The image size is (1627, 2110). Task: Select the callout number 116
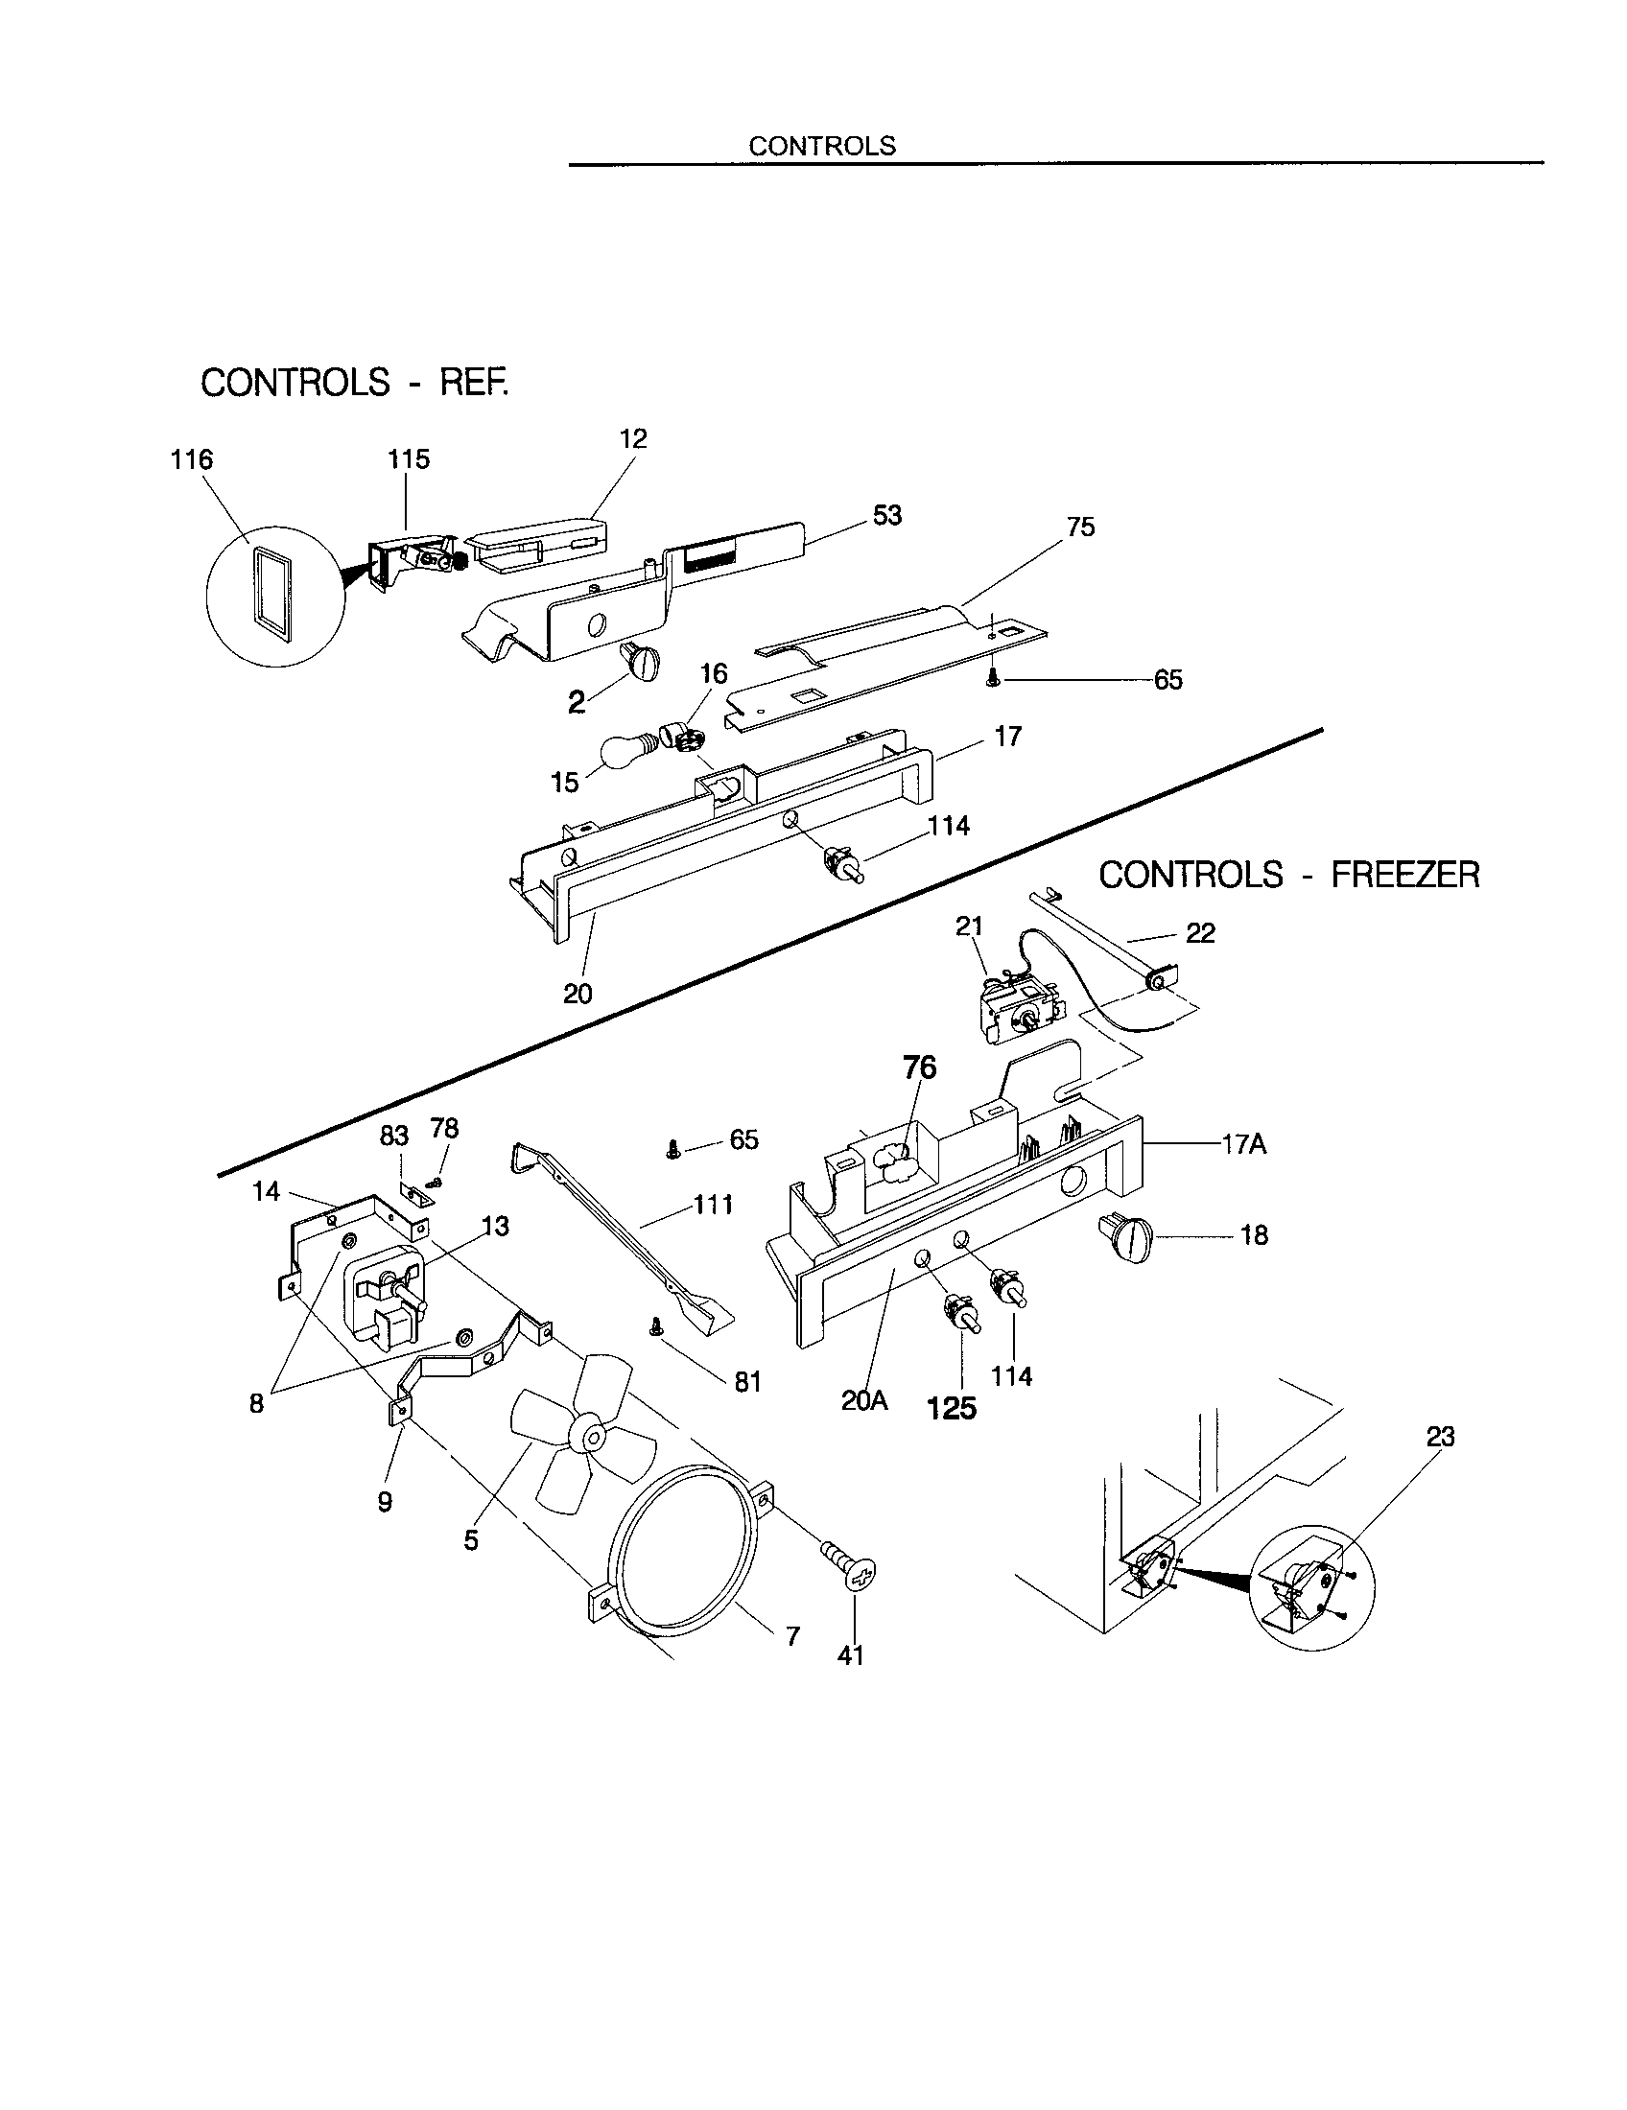[191, 459]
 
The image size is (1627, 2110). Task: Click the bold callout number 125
[952, 1410]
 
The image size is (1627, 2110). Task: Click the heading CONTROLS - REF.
[354, 383]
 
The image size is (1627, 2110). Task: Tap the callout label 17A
[1243, 1145]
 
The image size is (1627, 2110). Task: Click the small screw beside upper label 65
[994, 679]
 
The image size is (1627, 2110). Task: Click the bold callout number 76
[919, 1067]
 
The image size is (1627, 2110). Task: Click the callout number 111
[713, 1205]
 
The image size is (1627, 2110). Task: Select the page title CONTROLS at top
[822, 146]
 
